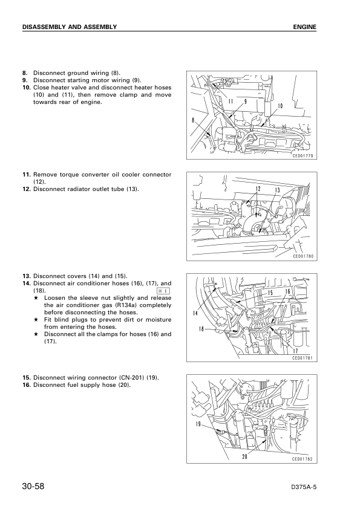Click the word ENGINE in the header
click(x=305, y=27)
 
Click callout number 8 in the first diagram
click(x=192, y=120)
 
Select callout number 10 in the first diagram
click(x=280, y=106)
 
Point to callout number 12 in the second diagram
click(x=258, y=189)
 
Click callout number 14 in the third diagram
click(x=195, y=313)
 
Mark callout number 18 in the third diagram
click(x=201, y=329)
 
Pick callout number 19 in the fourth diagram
click(x=198, y=424)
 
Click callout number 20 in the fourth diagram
click(x=244, y=456)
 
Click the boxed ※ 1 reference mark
click(x=163, y=291)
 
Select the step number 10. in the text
click(x=27, y=88)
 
